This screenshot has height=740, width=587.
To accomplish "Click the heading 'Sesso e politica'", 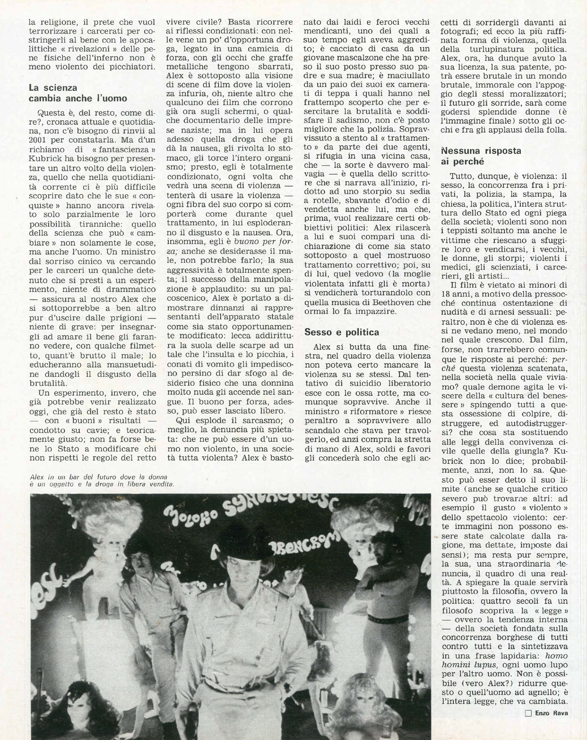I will coord(341,332).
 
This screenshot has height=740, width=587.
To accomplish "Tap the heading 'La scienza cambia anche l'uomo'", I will coord(78,93).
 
